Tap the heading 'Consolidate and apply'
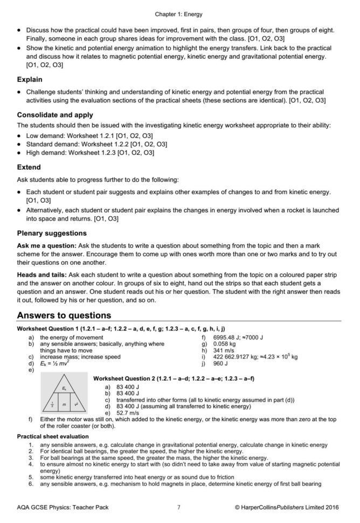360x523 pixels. tap(55, 115)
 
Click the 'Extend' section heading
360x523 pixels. tap(29, 167)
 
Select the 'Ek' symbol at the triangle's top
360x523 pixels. tap(64, 387)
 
